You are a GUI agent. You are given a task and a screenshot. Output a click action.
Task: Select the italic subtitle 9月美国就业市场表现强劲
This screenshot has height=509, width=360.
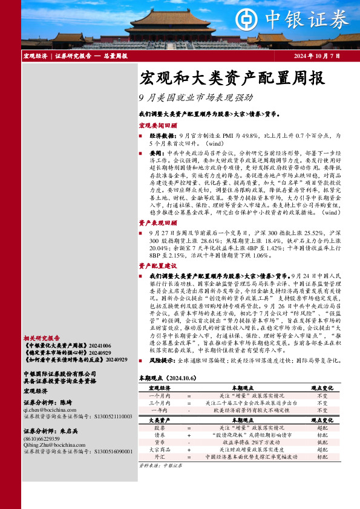tap(195, 97)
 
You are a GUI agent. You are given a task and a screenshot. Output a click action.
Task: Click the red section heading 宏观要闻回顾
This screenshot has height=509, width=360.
tap(158, 125)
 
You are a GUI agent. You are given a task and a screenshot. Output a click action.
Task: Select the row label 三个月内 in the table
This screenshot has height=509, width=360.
tap(160, 402)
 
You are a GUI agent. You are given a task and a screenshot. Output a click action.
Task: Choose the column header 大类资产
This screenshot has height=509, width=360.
tap(160, 420)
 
